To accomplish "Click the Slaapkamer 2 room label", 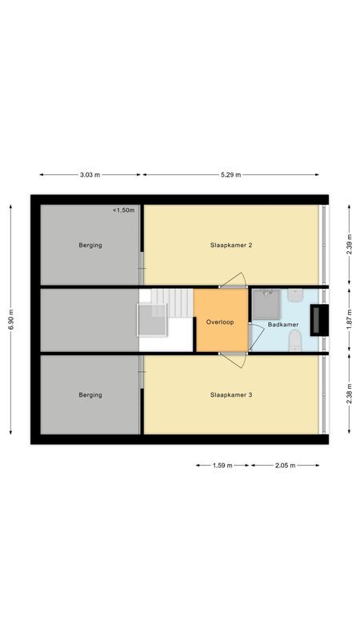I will coord(231,246).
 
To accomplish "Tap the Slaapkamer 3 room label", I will coord(231,394).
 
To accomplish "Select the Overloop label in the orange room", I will coord(219,322).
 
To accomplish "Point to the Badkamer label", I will coord(283,325).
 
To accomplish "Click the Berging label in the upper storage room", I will coord(90,246).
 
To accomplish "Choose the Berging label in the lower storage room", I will coord(90,394).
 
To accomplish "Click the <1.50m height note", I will coord(124,210).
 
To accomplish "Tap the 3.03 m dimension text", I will coord(90,174).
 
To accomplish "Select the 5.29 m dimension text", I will coord(230,174).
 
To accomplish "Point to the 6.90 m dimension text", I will coord(11,320).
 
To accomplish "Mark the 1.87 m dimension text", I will coord(350,319).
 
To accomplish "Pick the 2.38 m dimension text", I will coord(350,394).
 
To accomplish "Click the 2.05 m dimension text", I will coord(284,465).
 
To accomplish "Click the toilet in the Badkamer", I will coord(294,342).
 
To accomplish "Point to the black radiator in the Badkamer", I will coord(318,319).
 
